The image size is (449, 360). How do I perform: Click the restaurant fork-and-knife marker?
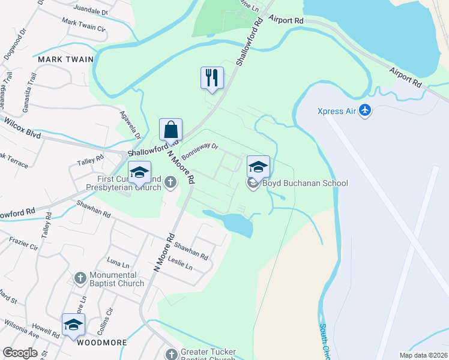pos(212,77)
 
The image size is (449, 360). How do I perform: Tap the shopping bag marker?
pos(170,129)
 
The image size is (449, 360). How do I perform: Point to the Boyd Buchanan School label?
pos(305,183)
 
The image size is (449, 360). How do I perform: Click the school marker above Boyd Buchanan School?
pos(258,166)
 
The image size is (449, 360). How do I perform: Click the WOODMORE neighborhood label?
pos(102,343)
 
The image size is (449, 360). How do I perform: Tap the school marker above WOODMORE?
pos(73,324)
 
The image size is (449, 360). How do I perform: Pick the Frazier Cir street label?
pos(23,244)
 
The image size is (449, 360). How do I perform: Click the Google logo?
pos(20,353)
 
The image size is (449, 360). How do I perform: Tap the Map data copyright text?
pos(424,355)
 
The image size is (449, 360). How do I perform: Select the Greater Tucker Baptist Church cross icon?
pos(172,354)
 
